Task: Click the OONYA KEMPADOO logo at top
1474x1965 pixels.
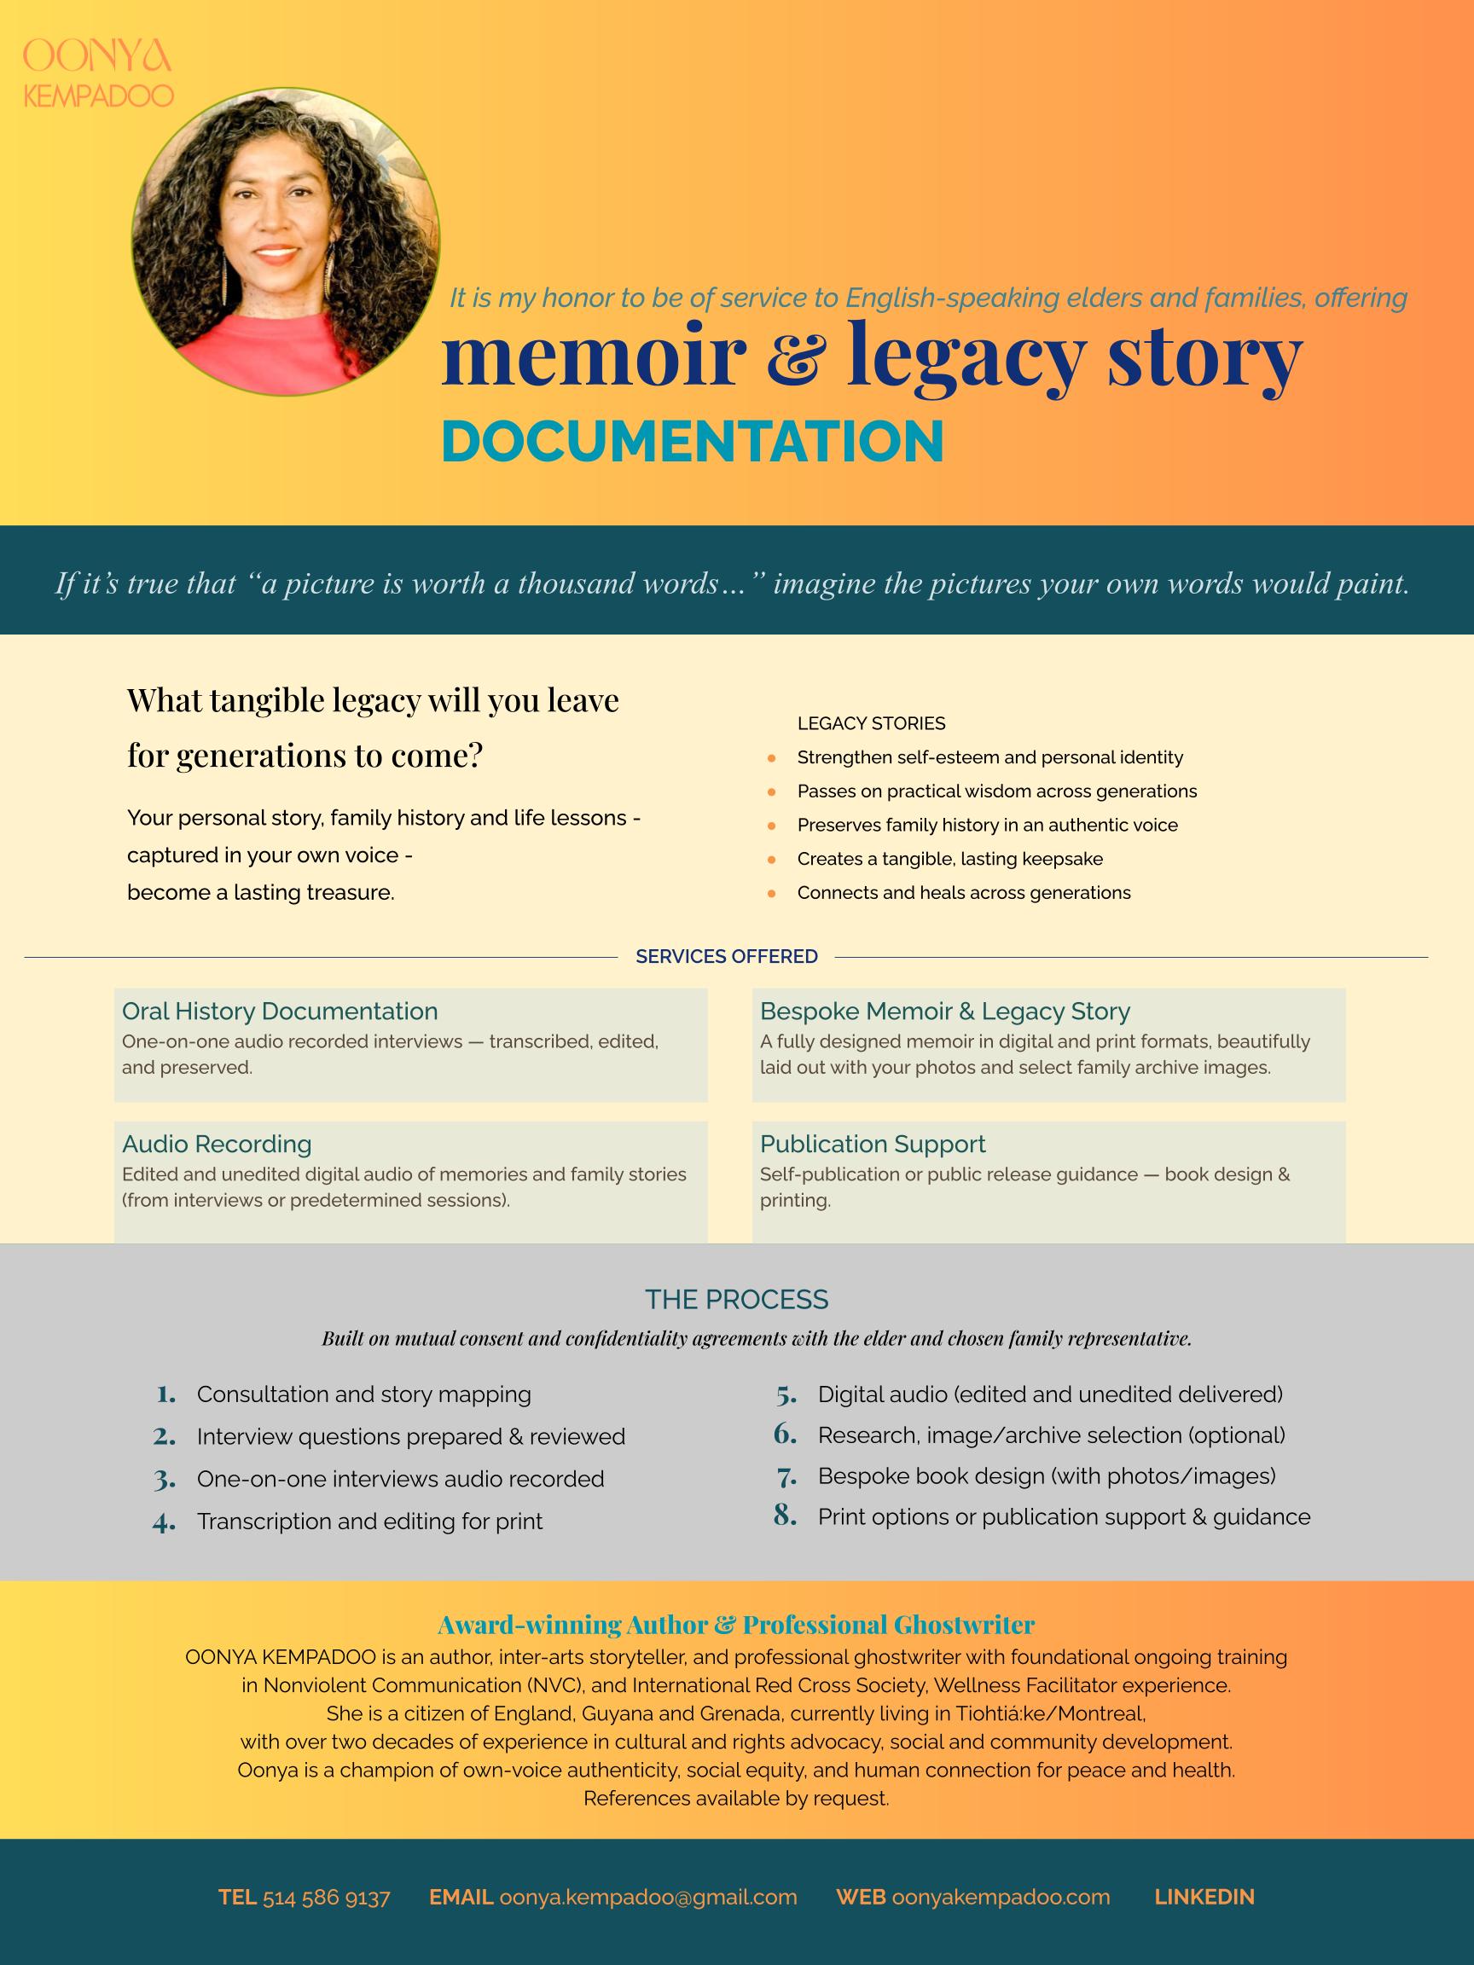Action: tap(98, 73)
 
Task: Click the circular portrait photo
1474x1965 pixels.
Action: tap(285, 241)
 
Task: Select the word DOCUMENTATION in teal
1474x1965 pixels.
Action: tap(692, 442)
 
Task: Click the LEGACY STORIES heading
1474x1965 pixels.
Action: tap(871, 723)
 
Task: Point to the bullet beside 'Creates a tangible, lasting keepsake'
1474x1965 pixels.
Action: tap(771, 860)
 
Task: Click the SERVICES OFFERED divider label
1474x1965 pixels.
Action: tap(727, 956)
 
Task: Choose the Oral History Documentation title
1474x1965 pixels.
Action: tap(280, 1011)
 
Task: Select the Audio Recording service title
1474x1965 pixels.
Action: tap(217, 1144)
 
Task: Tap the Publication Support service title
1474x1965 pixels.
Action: tap(873, 1144)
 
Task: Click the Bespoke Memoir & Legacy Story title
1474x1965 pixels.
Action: tap(944, 1011)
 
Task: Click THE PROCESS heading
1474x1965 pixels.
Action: tap(736, 1300)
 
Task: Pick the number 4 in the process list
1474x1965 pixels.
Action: tap(164, 1522)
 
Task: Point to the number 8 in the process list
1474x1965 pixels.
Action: tap(785, 1515)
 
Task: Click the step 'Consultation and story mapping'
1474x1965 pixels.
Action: tap(363, 1394)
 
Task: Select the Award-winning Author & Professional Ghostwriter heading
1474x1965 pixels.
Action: tap(736, 1625)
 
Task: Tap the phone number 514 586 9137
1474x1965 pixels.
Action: tap(326, 1898)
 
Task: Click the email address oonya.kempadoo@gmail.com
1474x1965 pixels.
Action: tap(647, 1898)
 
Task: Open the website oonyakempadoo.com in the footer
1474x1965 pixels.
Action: tap(1001, 1898)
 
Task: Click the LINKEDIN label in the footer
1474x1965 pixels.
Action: tap(1204, 1898)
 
